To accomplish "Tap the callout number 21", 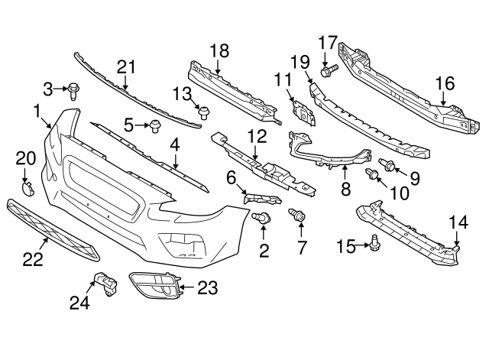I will (125, 66).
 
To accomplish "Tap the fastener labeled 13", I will (204, 112).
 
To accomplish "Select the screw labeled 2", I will (264, 219).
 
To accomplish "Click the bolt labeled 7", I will (297, 217).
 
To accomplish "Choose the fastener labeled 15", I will (374, 243).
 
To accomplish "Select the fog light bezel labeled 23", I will (155, 288).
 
